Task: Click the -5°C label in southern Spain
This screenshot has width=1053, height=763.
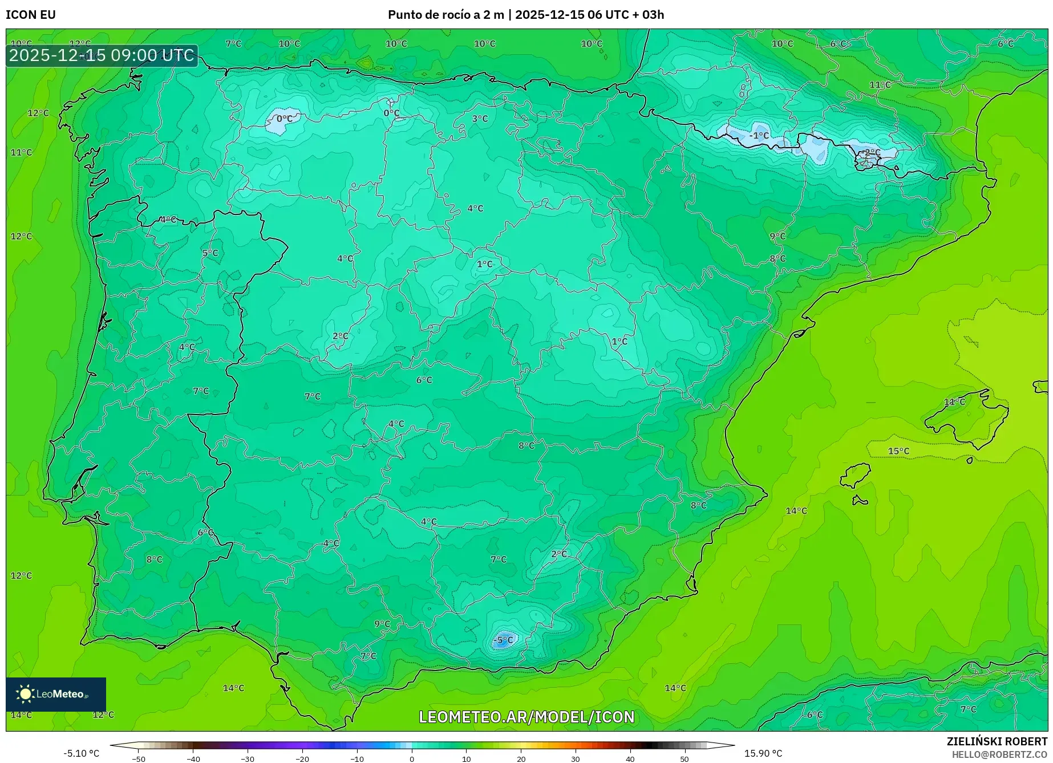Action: point(504,640)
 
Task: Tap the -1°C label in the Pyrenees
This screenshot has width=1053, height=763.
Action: point(759,136)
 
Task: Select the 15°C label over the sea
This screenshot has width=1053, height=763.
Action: point(898,451)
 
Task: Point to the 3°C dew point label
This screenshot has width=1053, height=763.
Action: point(480,119)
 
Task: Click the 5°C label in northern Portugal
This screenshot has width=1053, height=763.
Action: point(210,253)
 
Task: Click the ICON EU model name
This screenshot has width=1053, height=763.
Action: point(31,15)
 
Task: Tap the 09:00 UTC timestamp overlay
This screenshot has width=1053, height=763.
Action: point(102,55)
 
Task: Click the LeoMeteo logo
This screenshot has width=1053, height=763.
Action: point(55,694)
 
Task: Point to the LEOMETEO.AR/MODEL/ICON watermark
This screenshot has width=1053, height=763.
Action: point(526,717)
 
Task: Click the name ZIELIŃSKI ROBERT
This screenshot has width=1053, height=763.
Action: point(997,741)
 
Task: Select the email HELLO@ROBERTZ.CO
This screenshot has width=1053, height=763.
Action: point(999,754)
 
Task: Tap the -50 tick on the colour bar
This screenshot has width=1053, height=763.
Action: point(139,758)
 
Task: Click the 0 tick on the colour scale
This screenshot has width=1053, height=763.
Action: point(412,758)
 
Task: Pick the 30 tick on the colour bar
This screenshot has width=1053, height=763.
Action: point(576,758)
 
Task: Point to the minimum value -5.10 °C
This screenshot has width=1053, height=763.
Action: point(81,753)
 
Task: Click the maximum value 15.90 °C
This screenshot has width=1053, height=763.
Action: point(763,753)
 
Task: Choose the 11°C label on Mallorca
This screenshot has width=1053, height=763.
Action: point(954,402)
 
